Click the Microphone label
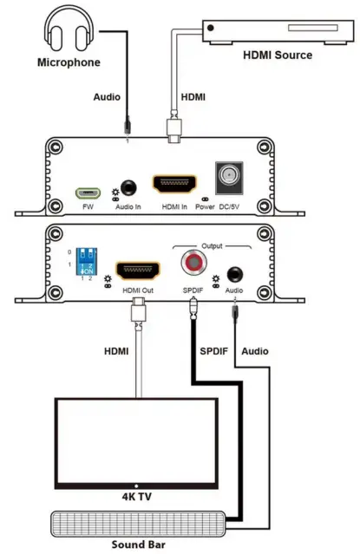pyautogui.click(x=68, y=62)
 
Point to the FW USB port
pyautogui.click(x=87, y=192)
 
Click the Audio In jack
pyautogui.click(x=129, y=187)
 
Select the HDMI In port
pyautogui.click(x=174, y=185)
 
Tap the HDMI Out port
pyautogui.click(x=135, y=268)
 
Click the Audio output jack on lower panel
pyautogui.click(x=232, y=272)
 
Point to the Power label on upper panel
pyautogui.click(x=205, y=206)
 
